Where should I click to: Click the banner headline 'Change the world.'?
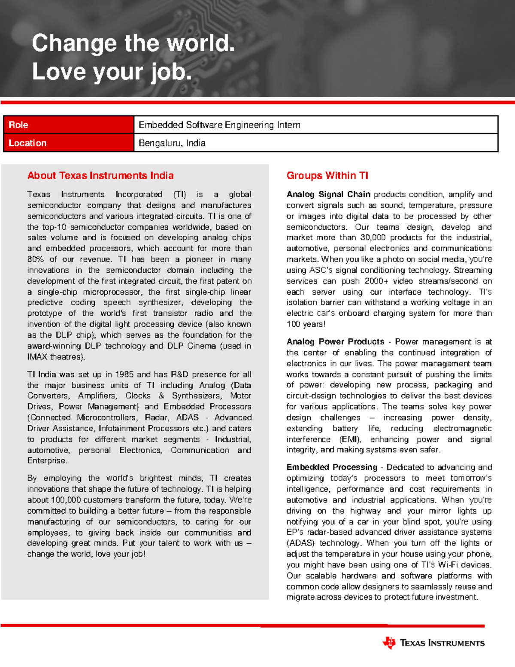[133, 43]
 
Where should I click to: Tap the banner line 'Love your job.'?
[112, 72]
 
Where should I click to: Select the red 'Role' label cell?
[69, 125]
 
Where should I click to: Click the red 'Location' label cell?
[69, 143]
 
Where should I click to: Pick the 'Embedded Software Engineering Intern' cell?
[219, 125]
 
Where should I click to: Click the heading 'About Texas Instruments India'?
[100, 176]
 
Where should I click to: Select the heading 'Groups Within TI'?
[327, 176]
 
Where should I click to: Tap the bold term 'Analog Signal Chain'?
[328, 195]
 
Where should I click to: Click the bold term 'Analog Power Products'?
[335, 342]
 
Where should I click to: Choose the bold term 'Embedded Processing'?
[332, 467]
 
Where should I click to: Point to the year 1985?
[124, 375]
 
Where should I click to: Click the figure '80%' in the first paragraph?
[36, 259]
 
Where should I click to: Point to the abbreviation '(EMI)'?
[350, 439]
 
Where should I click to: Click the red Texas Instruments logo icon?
[389, 643]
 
